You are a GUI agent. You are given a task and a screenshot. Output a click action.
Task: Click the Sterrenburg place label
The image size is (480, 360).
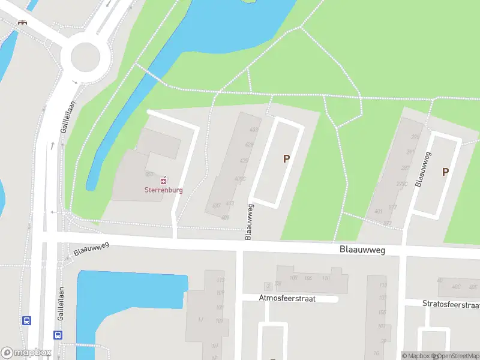(163, 190)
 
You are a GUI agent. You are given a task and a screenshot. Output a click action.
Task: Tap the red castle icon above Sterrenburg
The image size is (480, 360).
(163, 179)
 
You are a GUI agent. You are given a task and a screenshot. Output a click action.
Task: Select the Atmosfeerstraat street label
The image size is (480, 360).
(287, 298)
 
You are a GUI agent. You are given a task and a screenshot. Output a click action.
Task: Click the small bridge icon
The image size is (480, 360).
(23, 22)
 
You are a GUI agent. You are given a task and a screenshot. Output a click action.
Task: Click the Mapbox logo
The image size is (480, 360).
(26, 353)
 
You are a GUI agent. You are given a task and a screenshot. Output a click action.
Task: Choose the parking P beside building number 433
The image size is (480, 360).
(286, 159)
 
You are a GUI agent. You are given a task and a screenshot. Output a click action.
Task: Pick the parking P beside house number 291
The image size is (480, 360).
(445, 172)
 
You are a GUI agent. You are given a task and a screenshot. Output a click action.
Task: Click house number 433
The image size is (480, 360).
(254, 130)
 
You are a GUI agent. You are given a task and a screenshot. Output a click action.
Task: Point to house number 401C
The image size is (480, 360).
(241, 179)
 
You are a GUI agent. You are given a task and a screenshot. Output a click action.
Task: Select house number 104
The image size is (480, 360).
(308, 278)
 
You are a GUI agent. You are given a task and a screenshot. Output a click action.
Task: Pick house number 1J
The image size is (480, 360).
(200, 319)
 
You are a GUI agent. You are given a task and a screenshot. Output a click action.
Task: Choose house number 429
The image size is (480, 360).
(249, 145)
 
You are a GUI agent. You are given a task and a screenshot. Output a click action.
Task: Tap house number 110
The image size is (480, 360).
(326, 278)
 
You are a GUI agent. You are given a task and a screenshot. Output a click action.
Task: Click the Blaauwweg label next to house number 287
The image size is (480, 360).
(424, 169)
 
